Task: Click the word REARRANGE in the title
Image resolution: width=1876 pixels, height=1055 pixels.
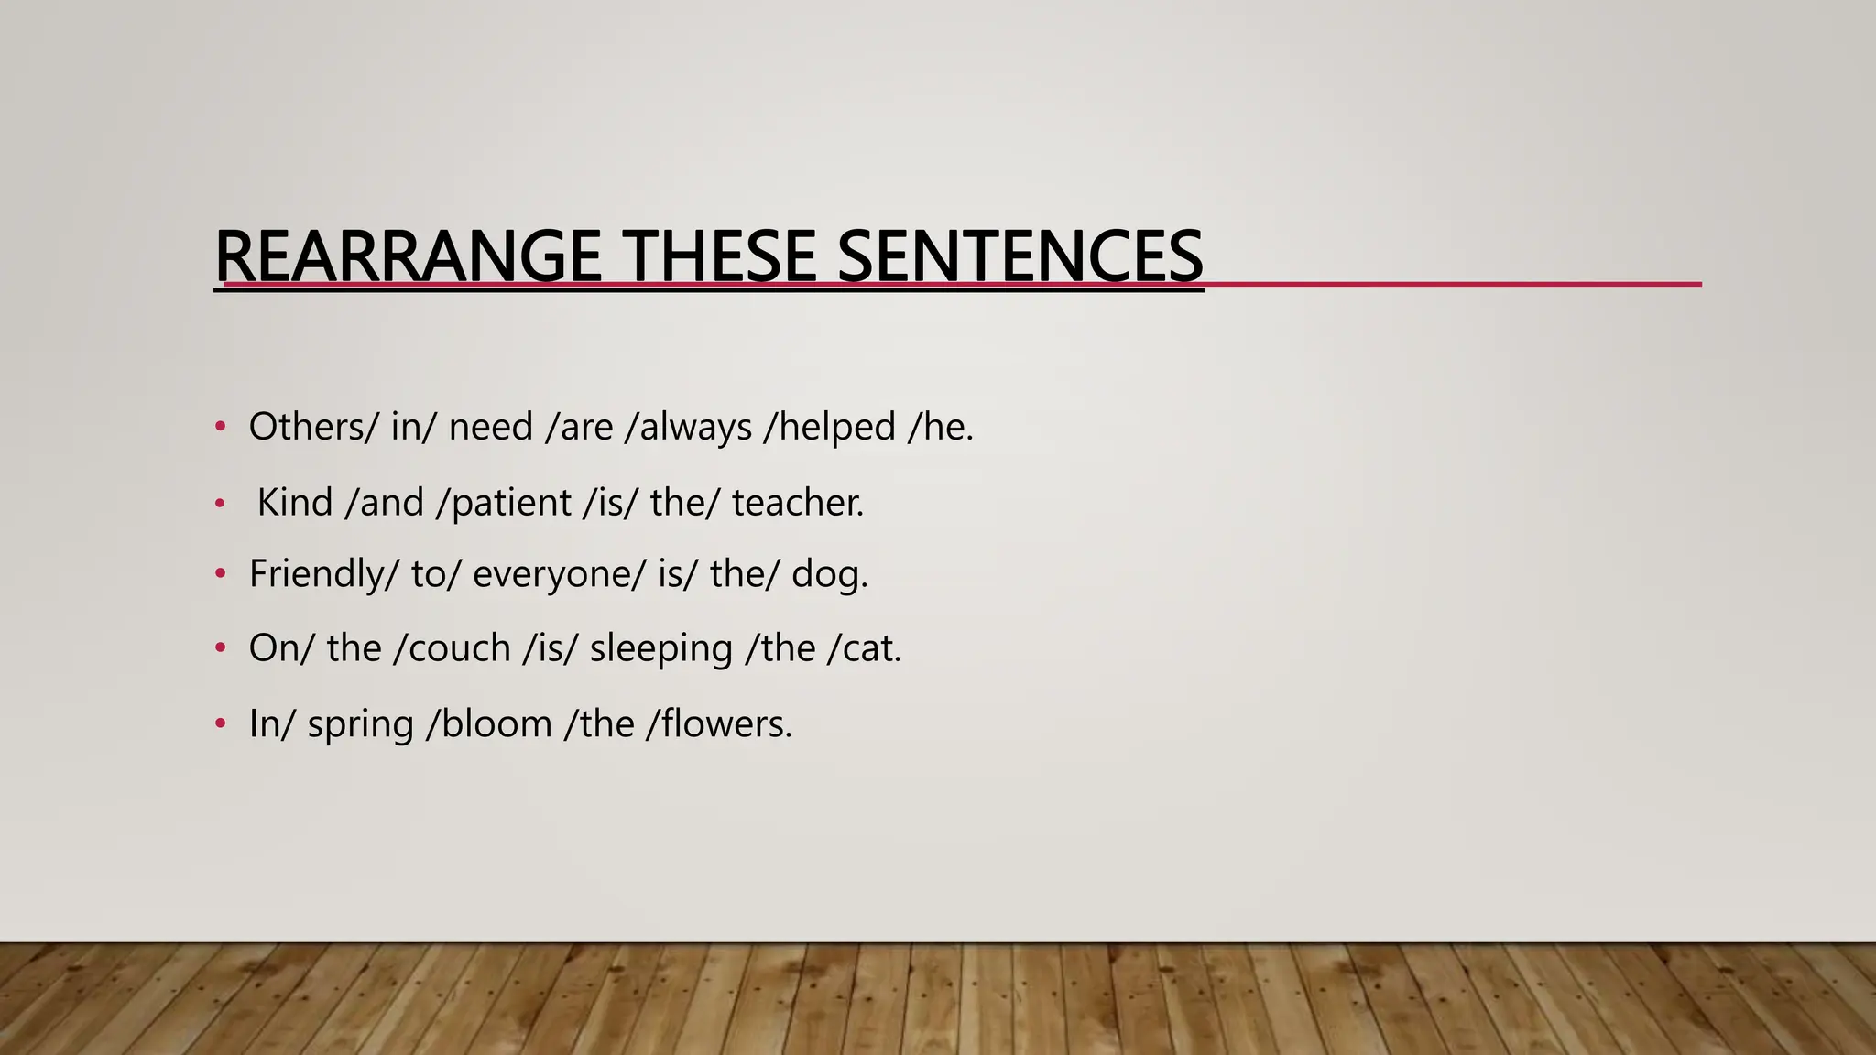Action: point(408,256)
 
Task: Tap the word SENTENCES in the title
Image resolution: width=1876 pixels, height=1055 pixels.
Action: point(1020,256)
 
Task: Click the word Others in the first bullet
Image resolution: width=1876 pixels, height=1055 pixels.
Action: point(306,427)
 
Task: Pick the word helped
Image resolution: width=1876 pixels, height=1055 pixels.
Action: point(837,427)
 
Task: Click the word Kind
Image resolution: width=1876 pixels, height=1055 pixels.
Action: point(294,502)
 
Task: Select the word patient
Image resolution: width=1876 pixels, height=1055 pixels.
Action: point(511,504)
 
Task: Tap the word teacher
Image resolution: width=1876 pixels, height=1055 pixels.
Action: point(795,502)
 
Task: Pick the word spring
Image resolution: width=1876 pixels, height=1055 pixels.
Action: point(360,725)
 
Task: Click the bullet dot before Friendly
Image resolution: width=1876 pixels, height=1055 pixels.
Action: point(220,574)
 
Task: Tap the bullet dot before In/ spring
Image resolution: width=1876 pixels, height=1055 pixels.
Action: point(220,724)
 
